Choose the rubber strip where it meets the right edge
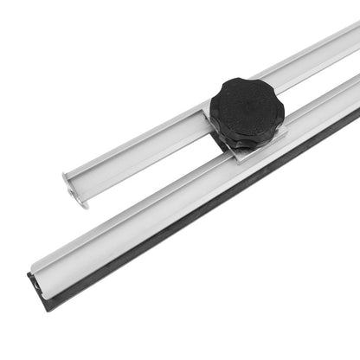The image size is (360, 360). [x=356, y=117]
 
